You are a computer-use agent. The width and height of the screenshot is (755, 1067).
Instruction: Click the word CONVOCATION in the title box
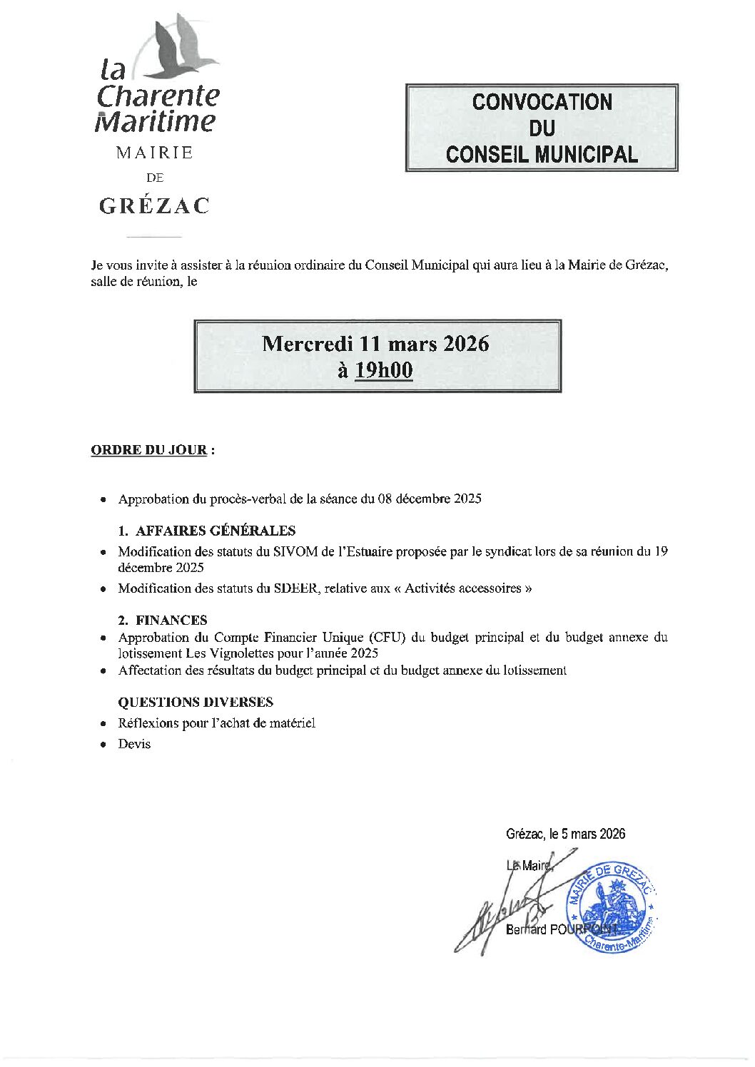(x=542, y=102)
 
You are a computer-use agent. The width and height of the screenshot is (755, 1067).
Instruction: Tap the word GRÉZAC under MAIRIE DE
(x=154, y=206)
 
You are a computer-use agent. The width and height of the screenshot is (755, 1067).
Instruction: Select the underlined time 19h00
(x=384, y=370)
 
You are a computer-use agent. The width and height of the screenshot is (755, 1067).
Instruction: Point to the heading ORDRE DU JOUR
(x=149, y=450)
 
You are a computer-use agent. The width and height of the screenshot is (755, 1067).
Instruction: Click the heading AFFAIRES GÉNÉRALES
(x=215, y=531)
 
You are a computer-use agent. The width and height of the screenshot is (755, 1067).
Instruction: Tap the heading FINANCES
(x=171, y=620)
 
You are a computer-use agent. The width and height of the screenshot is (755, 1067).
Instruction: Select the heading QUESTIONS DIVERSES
(x=196, y=702)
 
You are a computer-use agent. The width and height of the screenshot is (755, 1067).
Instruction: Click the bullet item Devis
(x=134, y=744)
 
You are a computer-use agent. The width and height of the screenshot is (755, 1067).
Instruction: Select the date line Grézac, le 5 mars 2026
(x=565, y=834)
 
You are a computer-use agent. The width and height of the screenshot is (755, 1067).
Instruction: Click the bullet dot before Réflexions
(x=104, y=724)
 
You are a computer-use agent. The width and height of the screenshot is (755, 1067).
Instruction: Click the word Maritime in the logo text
(x=155, y=121)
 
